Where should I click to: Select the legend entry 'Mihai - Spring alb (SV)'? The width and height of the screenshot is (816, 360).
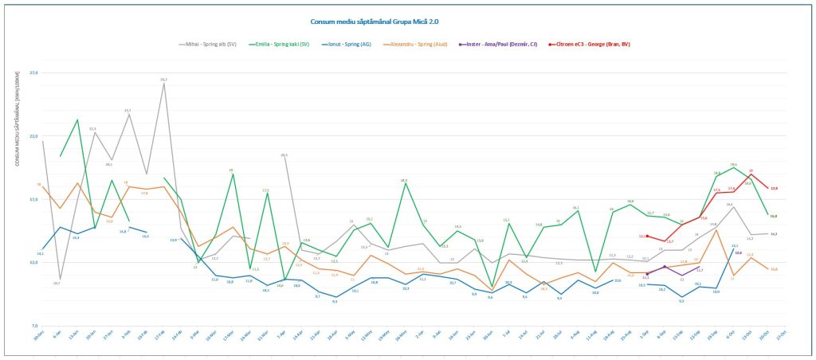point(208,45)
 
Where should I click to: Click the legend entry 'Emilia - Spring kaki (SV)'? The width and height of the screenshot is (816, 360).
point(282,45)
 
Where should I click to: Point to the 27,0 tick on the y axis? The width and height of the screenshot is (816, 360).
point(33,73)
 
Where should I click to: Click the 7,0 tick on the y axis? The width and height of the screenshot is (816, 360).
point(33,326)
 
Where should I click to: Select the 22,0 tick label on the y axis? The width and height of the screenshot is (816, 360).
point(33,136)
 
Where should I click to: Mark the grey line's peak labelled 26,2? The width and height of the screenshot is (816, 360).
point(163,84)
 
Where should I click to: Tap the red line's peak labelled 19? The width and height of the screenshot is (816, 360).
point(751,174)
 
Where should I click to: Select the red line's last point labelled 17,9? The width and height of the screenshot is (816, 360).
point(768,189)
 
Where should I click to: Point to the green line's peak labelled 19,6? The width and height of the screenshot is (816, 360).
point(733,167)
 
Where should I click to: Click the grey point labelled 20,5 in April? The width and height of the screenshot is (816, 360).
point(284,156)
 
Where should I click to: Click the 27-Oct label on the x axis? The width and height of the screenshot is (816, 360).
point(784,337)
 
